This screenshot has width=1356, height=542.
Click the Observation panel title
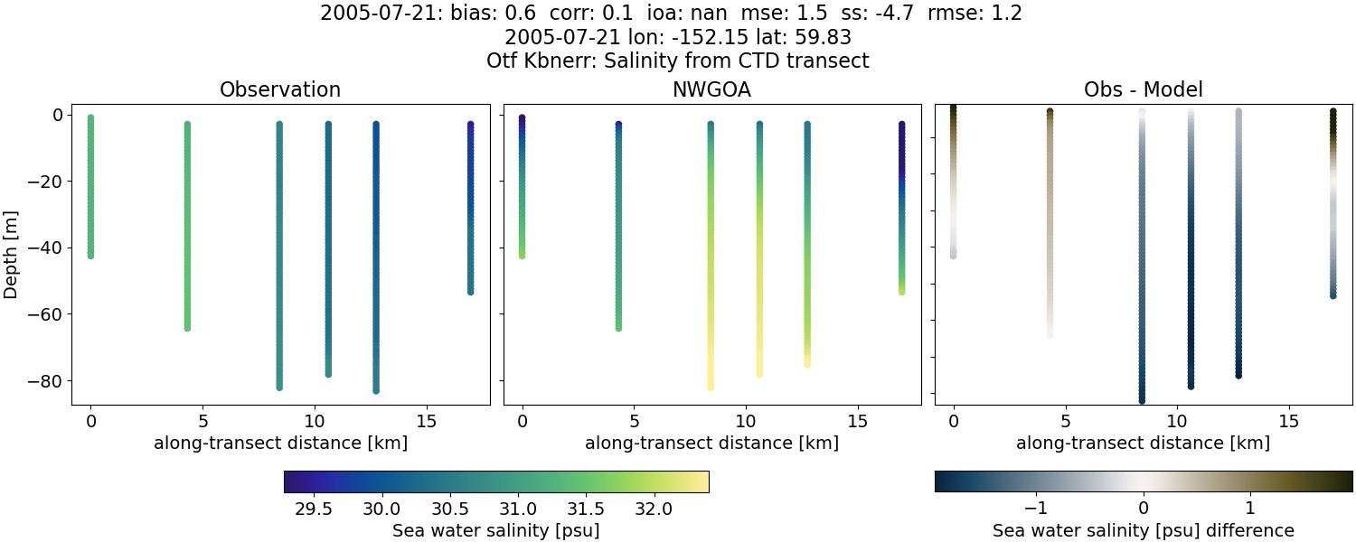pos(280,90)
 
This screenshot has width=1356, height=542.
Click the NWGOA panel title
pos(711,90)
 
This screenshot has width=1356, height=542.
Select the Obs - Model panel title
pos(1143,90)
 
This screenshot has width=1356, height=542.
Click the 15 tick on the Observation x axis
pos(426,421)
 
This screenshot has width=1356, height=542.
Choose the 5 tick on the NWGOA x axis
pos(634,421)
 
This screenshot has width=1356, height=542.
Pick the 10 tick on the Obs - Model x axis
pos(1177,421)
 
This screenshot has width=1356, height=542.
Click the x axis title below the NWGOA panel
pos(711,444)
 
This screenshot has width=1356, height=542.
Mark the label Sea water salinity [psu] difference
pos(1143,530)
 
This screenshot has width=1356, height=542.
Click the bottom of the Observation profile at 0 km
pos(90,256)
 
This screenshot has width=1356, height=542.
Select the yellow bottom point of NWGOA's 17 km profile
pos(901,291)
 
